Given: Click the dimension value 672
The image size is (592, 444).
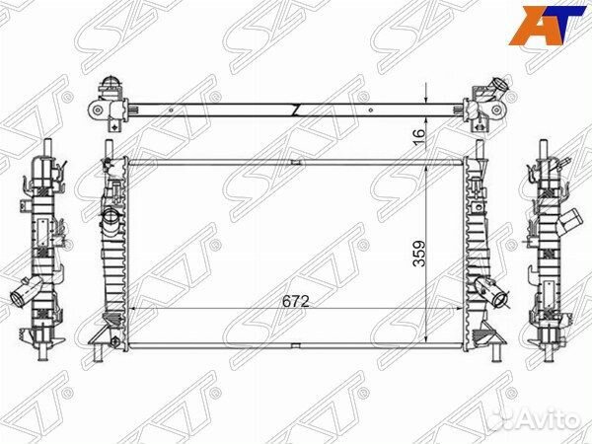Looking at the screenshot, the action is point(296,301).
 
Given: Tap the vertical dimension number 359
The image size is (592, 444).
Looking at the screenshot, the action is point(419,254).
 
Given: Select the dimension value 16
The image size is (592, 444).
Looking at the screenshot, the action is point(419,138).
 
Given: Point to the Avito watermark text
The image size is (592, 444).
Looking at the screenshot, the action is point(549,419).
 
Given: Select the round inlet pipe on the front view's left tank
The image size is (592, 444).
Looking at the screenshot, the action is point(111,218).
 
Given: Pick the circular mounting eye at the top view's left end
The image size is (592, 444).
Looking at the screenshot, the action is point(98,111).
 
